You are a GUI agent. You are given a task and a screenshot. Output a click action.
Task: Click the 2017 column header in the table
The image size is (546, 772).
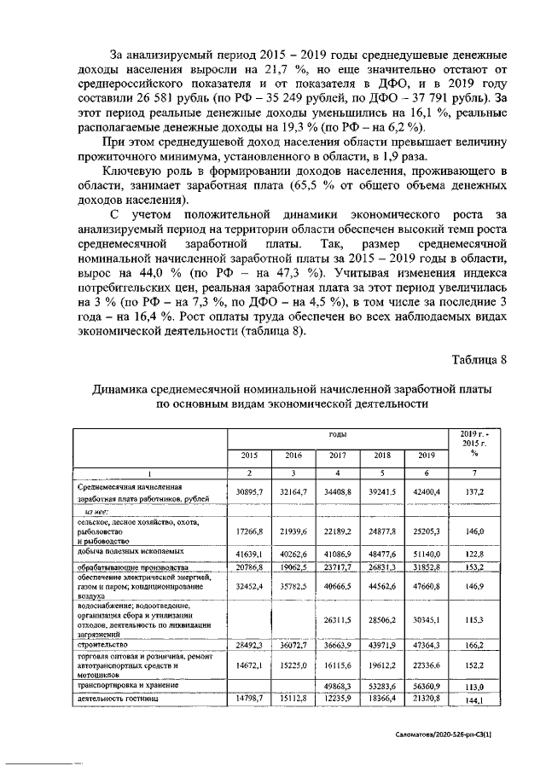click(337, 456)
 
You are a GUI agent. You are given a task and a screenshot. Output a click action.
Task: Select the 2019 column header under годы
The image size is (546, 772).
click(426, 456)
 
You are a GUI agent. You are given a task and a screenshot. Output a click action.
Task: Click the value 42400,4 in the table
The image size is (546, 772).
click(426, 492)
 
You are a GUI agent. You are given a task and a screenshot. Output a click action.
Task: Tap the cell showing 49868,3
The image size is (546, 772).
click(337, 685)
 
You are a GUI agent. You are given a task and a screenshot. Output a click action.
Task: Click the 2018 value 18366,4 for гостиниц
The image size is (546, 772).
click(381, 699)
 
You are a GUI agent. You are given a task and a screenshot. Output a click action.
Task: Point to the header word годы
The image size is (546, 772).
click(337, 434)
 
